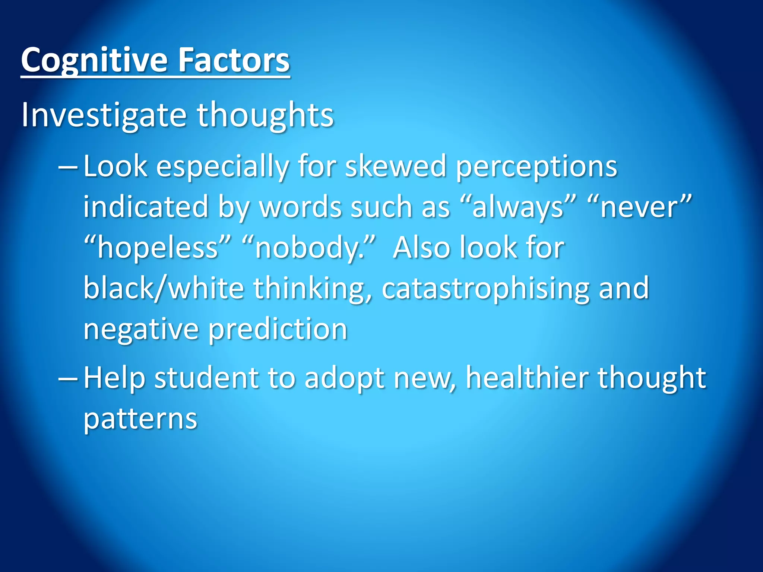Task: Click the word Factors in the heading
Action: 234,60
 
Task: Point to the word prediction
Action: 278,329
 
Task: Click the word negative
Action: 141,329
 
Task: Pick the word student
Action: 206,378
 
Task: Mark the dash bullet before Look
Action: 68,168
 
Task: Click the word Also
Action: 421,248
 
